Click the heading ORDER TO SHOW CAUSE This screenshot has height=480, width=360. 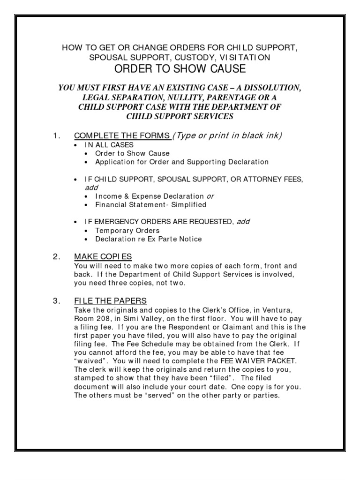pos(180,69)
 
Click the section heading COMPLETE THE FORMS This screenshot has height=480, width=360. pos(122,136)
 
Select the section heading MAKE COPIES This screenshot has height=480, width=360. pos(103,256)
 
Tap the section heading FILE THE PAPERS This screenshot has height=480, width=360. pos(111,300)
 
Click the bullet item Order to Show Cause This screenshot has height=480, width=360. pos(132,153)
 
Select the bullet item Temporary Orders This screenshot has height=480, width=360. pos(127,231)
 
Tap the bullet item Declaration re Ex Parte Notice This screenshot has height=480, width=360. pos(148,239)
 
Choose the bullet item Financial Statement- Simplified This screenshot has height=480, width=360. pos(150,205)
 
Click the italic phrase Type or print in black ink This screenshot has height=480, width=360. pos(228,136)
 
